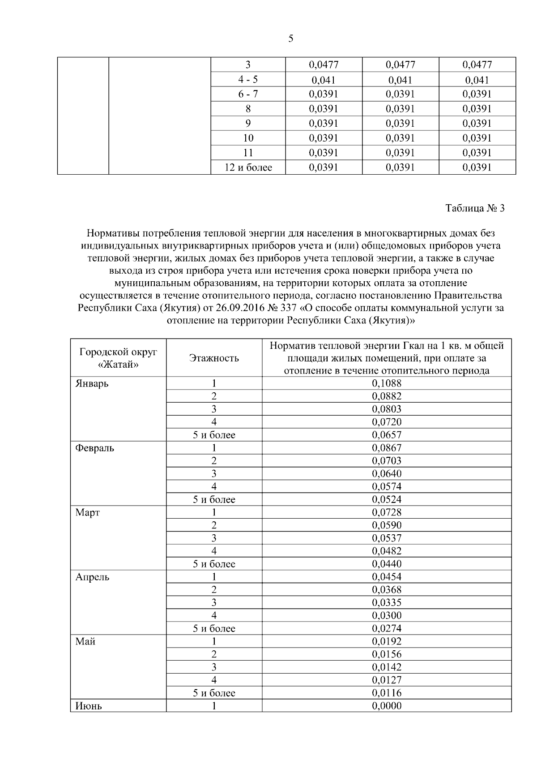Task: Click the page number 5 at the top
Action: coord(291,39)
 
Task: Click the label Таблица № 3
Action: coord(475,208)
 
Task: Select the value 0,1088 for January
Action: coord(387,383)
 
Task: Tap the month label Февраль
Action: coord(94,448)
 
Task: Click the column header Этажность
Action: coord(214,358)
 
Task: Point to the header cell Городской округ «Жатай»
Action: coord(118,358)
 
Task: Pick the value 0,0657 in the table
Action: coord(387,435)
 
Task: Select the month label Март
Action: coord(87,513)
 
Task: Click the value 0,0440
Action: coord(387,564)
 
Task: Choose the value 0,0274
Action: coord(387,628)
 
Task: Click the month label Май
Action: coord(85,642)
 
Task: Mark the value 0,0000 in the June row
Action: coord(387,706)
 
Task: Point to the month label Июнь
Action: coord(89,706)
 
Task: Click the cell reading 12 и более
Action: coord(248,167)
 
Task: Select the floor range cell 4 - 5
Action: coord(248,80)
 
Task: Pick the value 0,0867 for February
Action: coord(387,448)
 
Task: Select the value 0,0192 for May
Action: coord(387,641)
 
